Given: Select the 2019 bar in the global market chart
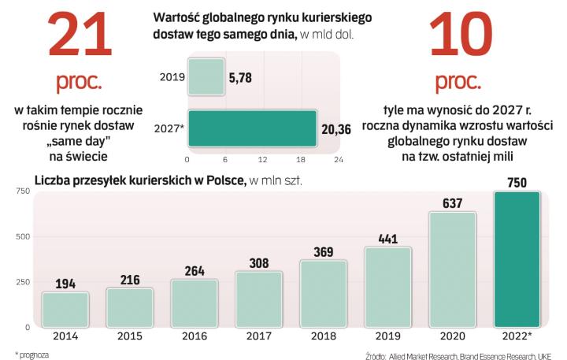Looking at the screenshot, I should (x=206, y=77).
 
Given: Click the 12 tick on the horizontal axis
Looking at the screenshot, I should (x=264, y=159).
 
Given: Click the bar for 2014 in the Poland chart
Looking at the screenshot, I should (x=65, y=309).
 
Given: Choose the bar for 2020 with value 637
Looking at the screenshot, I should (x=452, y=269).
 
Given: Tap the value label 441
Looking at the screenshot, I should (x=387, y=238).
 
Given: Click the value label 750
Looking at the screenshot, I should (x=517, y=183).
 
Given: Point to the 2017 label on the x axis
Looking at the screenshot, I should (x=258, y=336).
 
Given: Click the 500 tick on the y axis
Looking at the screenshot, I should (x=22, y=236).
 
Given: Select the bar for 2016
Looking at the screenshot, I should (x=194, y=302).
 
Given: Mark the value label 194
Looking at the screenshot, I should (x=65, y=283).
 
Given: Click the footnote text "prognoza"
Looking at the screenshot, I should (x=35, y=354).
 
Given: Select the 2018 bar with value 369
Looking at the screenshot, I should (x=323, y=293).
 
